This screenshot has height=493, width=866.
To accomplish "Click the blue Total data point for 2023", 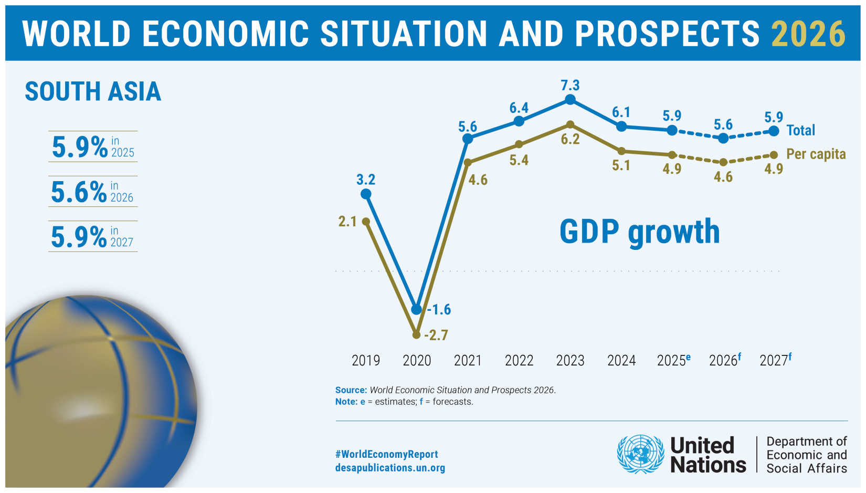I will (x=570, y=100).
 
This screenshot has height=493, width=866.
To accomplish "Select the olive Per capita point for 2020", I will (x=416, y=334).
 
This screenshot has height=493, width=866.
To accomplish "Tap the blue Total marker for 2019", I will (x=366, y=194).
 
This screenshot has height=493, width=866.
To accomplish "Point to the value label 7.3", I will (x=570, y=85).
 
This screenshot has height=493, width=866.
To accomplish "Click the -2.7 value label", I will (x=436, y=335).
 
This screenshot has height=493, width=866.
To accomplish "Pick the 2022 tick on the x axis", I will (x=519, y=361).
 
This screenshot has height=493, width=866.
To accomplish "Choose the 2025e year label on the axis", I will (x=673, y=360).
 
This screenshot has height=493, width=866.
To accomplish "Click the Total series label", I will (x=800, y=130).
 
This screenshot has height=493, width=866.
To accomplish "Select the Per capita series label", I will (x=816, y=154).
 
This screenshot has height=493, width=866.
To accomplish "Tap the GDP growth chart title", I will (x=639, y=232).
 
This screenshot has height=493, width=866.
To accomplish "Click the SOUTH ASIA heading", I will (x=93, y=91).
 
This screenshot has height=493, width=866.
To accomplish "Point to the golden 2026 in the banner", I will (x=808, y=34).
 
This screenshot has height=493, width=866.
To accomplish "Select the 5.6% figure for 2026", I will (x=79, y=192).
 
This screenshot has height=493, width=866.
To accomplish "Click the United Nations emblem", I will (x=640, y=454).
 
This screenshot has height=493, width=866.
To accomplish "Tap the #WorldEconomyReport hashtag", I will (x=386, y=454).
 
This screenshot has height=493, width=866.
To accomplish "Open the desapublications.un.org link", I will (x=390, y=468).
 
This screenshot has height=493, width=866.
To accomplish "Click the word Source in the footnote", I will (x=351, y=390).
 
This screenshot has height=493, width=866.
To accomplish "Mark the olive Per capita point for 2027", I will (x=774, y=155).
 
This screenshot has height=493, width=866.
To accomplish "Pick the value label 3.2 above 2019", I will (x=366, y=180).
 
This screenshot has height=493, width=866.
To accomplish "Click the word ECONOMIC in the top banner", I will (x=226, y=34).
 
